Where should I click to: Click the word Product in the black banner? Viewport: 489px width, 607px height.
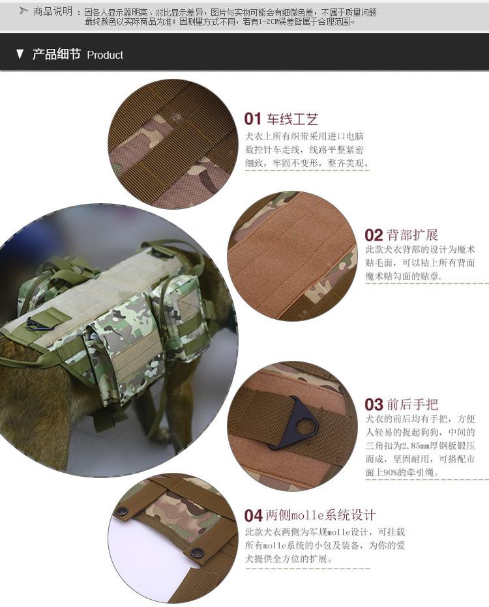[x=105, y=55]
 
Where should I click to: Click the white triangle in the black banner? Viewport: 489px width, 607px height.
[x=20, y=54]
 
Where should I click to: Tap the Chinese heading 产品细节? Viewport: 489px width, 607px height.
[x=56, y=54]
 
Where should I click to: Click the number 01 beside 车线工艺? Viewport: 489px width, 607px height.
[x=252, y=119]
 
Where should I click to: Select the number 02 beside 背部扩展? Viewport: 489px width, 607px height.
[x=374, y=235]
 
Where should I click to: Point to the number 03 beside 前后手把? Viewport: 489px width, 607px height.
[x=374, y=404]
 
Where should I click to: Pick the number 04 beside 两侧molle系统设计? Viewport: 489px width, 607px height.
[x=253, y=516]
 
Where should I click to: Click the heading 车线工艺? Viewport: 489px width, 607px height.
[x=292, y=119]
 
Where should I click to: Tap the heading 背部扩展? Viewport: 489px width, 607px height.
[x=412, y=235]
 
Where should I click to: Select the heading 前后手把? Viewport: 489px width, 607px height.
[x=412, y=404]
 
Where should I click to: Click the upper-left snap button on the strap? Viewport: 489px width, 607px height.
[x=123, y=511]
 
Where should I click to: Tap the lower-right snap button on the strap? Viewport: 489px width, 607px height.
[x=199, y=551]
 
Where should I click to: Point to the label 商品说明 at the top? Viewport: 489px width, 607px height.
[x=53, y=11]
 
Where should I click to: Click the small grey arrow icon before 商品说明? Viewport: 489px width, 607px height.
[x=24, y=11]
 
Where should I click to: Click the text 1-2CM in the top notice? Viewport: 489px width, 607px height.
[x=263, y=22]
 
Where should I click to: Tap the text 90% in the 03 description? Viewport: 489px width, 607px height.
[x=390, y=473]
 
